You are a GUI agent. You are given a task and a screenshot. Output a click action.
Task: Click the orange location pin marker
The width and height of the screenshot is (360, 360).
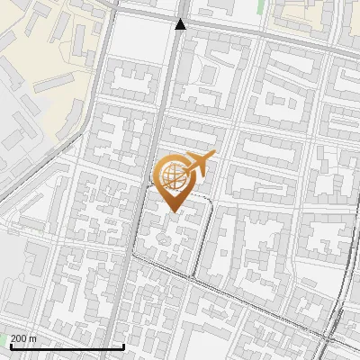pos(175,180)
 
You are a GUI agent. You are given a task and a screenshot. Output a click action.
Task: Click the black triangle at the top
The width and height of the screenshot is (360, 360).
pos(181,24)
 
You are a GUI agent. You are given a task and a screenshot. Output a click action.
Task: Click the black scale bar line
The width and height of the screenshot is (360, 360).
pos(67,346)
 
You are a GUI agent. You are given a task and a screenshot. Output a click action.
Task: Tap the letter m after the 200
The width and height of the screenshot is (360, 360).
pos(33,338)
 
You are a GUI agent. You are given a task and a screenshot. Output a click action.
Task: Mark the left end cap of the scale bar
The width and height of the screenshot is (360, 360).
pos(10,346)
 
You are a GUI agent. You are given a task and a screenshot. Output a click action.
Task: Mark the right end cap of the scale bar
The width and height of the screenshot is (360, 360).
pos(123,346)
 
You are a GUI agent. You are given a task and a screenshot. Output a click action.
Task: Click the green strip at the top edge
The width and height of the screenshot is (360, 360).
pos(262,5)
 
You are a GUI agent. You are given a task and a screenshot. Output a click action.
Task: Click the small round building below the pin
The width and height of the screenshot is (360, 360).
pos(164,239)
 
